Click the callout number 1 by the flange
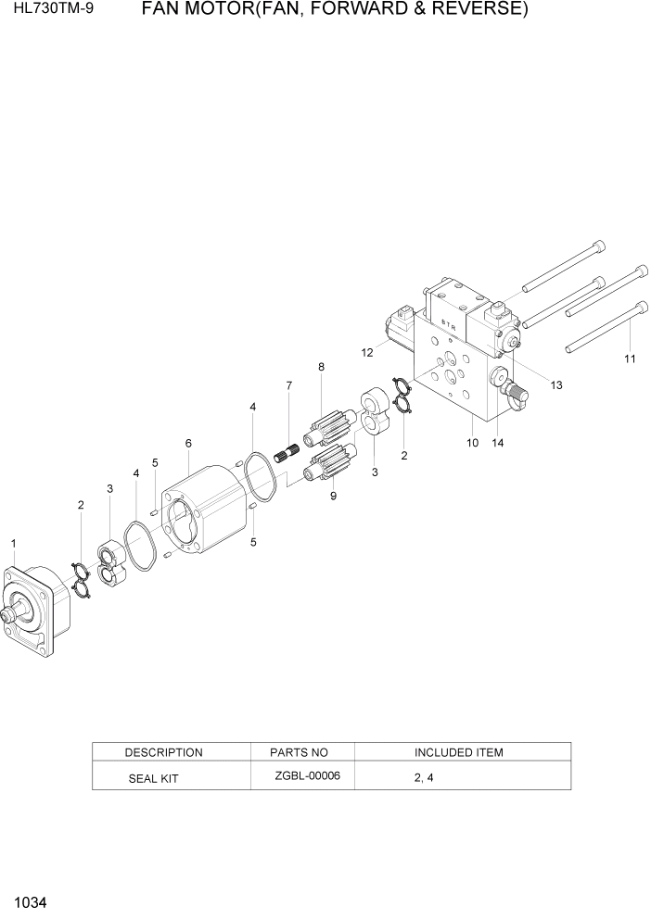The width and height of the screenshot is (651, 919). (x=13, y=542)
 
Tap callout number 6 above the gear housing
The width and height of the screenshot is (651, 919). (x=188, y=444)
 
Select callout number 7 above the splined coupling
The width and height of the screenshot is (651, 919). (x=288, y=385)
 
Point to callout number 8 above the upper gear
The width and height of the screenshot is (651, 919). (x=321, y=367)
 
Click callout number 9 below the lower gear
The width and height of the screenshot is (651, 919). (x=333, y=496)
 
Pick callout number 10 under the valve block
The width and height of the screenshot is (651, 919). (x=472, y=443)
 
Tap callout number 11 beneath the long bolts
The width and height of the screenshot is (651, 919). (x=630, y=359)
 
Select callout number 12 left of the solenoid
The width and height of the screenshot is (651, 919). (x=367, y=352)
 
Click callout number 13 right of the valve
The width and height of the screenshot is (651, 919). (x=556, y=385)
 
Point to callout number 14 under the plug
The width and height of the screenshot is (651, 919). (x=498, y=443)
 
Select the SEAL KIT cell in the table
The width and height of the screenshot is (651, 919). (x=153, y=779)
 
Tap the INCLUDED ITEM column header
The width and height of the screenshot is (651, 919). (x=458, y=752)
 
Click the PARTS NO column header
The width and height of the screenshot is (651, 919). (x=299, y=752)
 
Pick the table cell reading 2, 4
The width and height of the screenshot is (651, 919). (x=424, y=778)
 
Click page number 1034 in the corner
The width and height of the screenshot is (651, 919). (x=31, y=901)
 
